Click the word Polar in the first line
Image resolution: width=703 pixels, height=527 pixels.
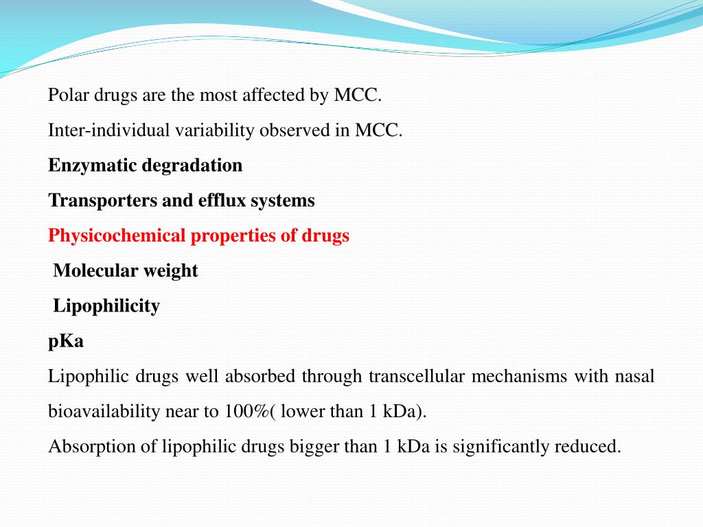[x=65, y=95]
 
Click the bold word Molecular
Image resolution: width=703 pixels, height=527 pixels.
[x=95, y=271]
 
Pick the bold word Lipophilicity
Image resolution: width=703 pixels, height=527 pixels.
[x=106, y=306]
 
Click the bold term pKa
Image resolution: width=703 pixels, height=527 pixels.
[x=66, y=342]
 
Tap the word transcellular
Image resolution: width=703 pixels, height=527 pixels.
[x=415, y=376]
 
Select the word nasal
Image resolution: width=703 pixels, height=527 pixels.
[x=634, y=376]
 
